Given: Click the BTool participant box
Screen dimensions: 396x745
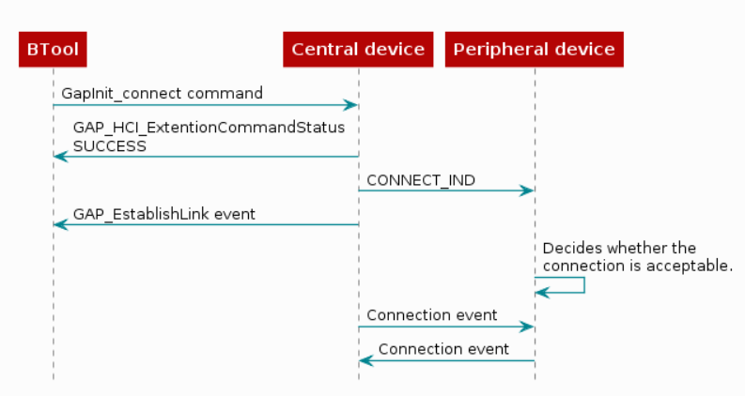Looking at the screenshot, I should pyautogui.click(x=53, y=50).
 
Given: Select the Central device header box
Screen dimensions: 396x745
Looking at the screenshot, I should pyautogui.click(x=358, y=50).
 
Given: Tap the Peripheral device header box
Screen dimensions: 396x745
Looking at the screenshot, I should pyautogui.click(x=535, y=50).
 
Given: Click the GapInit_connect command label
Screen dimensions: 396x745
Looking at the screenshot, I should pyautogui.click(x=163, y=94).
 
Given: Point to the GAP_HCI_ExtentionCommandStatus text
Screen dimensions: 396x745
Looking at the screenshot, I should pyautogui.click(x=209, y=128).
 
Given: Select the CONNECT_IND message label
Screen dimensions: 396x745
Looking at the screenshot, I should pyautogui.click(x=421, y=180).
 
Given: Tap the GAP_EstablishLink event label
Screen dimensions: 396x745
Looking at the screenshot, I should pyautogui.click(x=164, y=214).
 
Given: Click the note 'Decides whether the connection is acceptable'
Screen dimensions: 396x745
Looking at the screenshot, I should pyautogui.click(x=637, y=257).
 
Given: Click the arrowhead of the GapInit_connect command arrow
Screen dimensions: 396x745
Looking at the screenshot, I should pyautogui.click(x=352, y=105).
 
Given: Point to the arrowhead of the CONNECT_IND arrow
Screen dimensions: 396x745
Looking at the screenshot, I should pyautogui.click(x=529, y=190).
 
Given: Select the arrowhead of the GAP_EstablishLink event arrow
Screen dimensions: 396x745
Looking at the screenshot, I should pyautogui.click(x=59, y=224).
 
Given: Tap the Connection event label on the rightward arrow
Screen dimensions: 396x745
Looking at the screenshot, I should pyautogui.click(x=432, y=315).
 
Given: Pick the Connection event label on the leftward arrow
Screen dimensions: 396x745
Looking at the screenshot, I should pyautogui.click(x=443, y=349).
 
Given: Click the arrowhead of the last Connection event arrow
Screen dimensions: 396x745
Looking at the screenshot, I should pyautogui.click(x=365, y=360).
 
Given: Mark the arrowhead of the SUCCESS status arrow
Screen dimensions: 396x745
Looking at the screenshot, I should pyautogui.click(x=59, y=156).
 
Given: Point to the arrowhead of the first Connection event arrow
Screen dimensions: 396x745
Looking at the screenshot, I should pyautogui.click(x=529, y=327).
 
